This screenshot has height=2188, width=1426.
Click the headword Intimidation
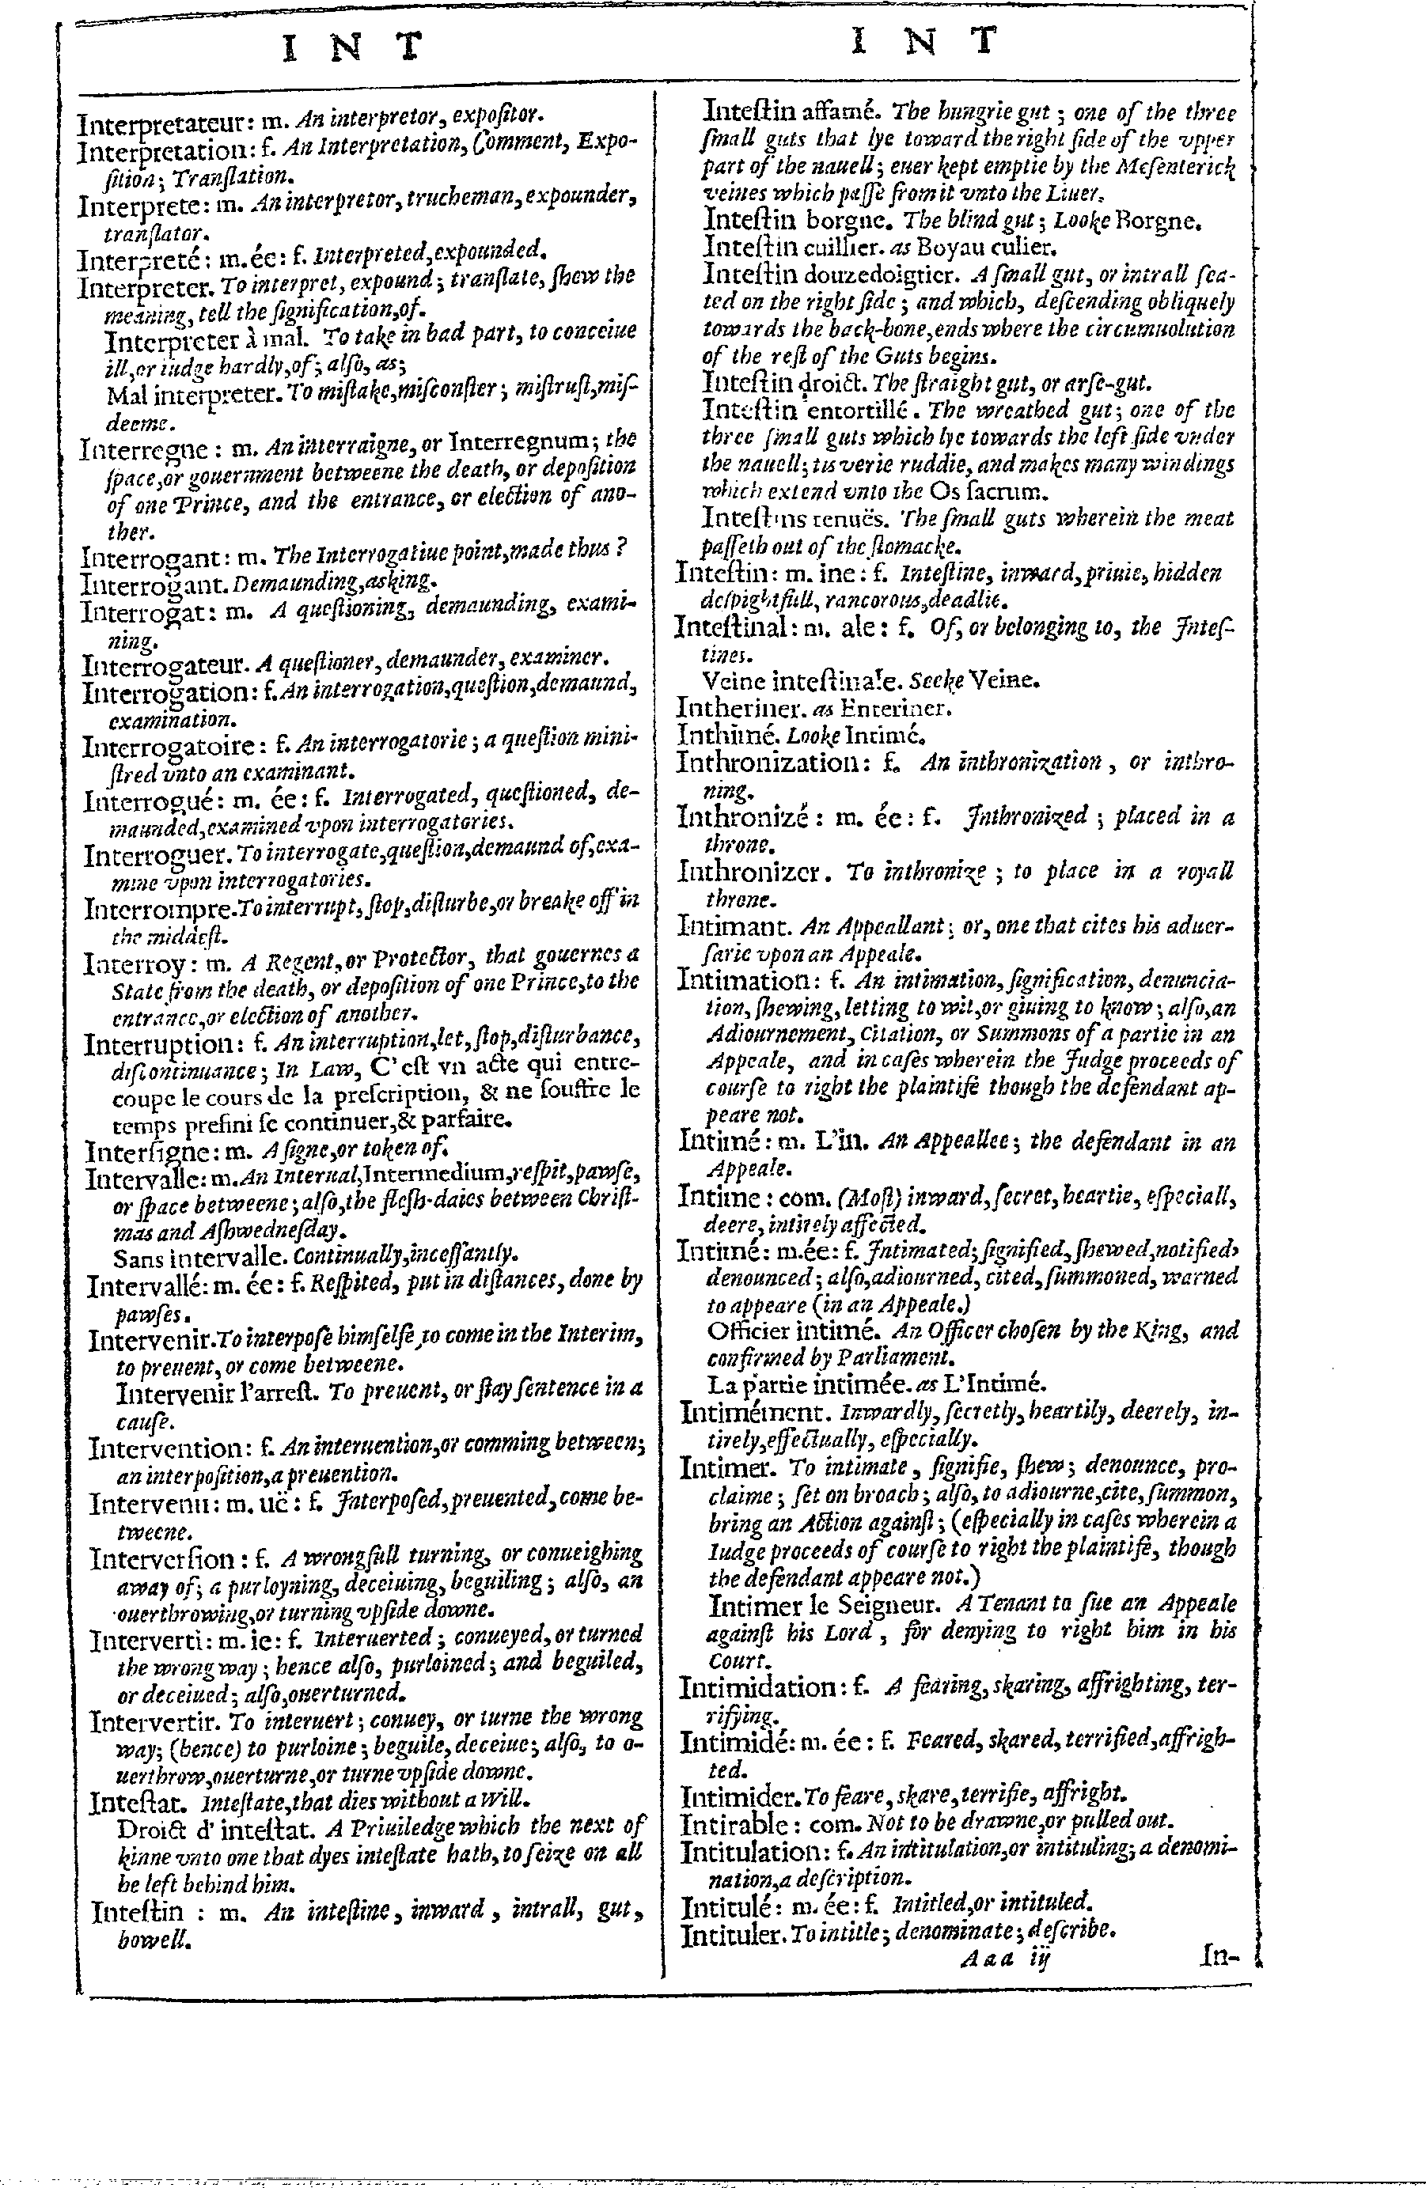(x=756, y=1687)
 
